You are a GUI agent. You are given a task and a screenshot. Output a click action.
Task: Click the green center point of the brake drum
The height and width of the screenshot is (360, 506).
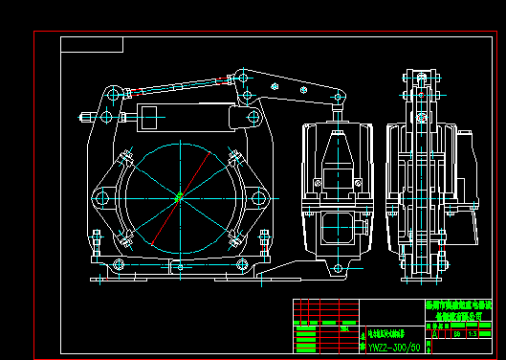pos(179,197)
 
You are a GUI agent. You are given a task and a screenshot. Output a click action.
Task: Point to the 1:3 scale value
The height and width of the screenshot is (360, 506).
pos(473,333)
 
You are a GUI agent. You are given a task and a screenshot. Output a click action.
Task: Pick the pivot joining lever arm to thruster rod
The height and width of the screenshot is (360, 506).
pos(337,97)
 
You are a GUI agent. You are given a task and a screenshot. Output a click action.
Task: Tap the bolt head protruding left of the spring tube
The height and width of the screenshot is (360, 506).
pos(89,119)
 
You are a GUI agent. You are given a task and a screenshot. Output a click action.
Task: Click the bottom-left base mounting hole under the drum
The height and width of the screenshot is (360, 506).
pos(118,264)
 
